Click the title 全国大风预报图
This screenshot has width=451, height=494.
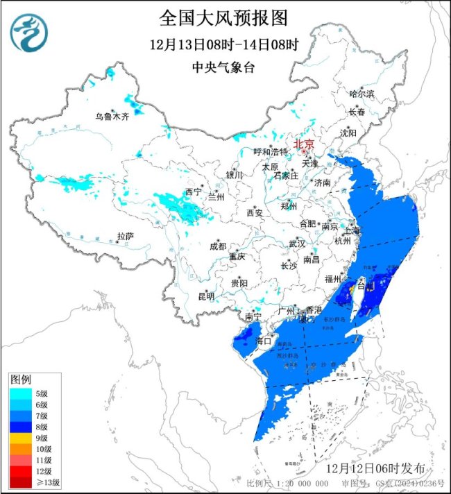pos(223,17)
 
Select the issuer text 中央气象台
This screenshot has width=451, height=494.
pos(223,68)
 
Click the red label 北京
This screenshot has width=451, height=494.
pos(305,144)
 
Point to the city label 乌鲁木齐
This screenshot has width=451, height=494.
pos(112,116)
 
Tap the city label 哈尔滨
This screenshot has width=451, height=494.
pos(361,93)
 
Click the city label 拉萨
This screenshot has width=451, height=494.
pos(124,236)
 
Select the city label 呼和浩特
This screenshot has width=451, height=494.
pos(270,152)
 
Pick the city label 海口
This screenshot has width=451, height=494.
pos(262,341)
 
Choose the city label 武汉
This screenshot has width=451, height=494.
pos(297,244)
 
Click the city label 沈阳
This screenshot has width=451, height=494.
pos(348,132)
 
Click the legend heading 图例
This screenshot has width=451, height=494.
pos(19,380)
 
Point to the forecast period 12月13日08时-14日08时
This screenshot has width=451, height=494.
pos(223,45)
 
